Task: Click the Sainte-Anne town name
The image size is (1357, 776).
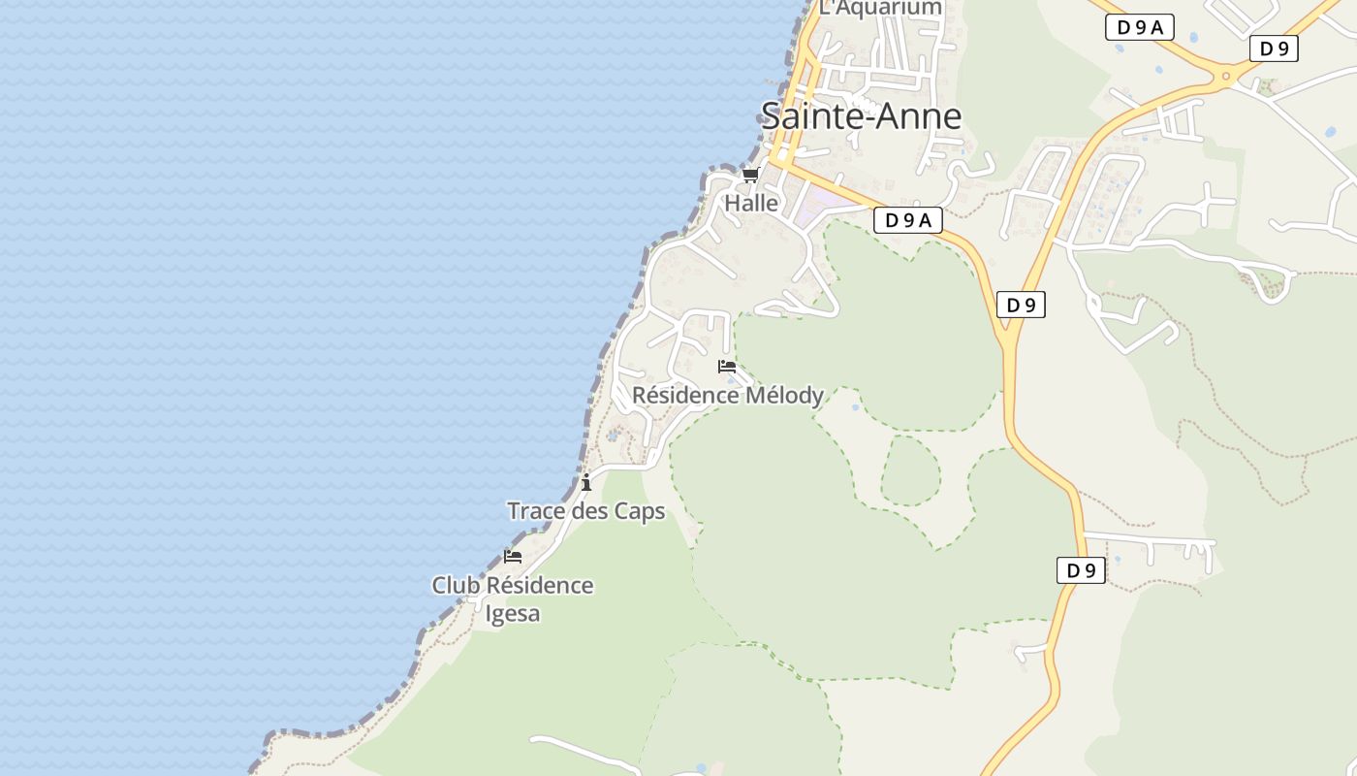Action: tap(861, 116)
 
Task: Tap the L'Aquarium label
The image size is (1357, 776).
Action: tap(880, 8)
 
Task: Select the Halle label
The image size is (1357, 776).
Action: tap(751, 204)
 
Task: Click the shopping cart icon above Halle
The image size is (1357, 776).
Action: tap(750, 176)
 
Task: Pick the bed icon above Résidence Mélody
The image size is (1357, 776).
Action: tap(727, 367)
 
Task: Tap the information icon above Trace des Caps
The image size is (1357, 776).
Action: tap(586, 482)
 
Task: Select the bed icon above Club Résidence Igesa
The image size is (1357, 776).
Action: tap(513, 557)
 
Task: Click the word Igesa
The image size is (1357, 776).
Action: tap(512, 614)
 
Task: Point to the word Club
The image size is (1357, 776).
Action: tap(456, 586)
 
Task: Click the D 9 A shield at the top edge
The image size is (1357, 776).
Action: tap(1140, 27)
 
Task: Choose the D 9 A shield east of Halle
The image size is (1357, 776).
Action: tap(908, 220)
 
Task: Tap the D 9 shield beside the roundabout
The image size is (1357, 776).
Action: tap(1274, 48)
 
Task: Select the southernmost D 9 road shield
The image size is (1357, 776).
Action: tap(1081, 570)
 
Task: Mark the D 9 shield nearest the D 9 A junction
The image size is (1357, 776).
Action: tap(1021, 305)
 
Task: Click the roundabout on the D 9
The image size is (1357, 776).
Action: tap(1226, 75)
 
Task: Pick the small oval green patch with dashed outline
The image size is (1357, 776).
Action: tap(910, 470)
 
